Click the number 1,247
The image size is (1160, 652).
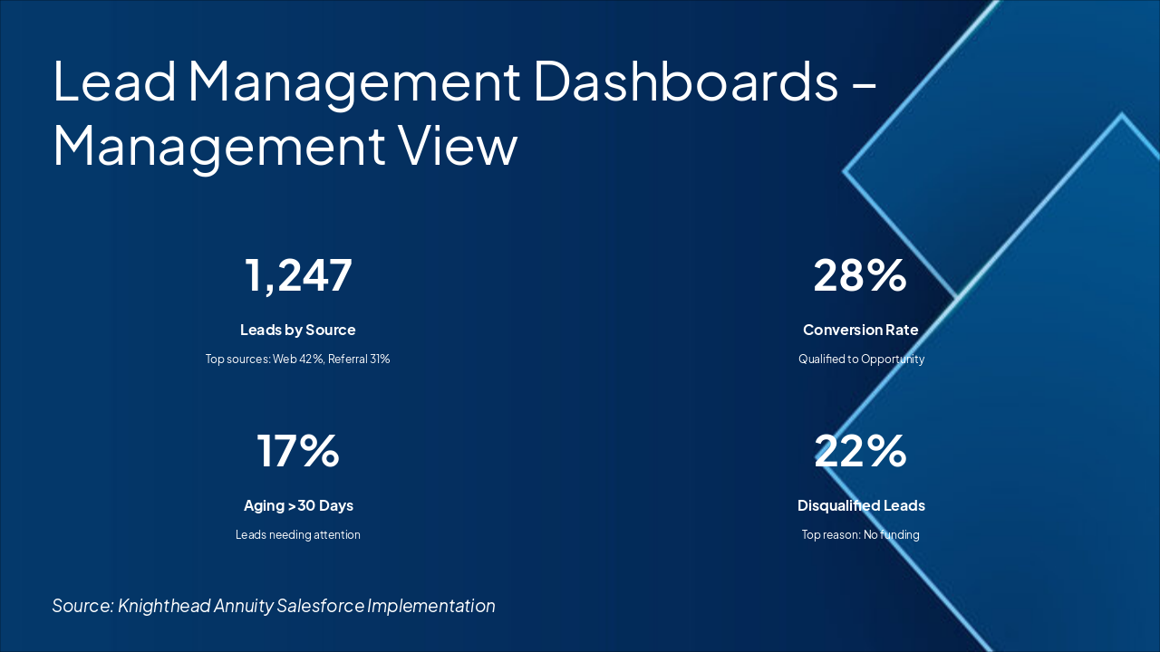298,275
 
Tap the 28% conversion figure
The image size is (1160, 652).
860,275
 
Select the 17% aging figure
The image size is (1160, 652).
298,451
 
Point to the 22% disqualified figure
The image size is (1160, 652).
860,451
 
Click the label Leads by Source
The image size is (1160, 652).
298,330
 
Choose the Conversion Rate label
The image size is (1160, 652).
860,330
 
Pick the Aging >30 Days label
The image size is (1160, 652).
298,505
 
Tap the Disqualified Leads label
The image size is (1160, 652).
861,505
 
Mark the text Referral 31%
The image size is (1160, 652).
359,359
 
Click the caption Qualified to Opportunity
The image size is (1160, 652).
861,359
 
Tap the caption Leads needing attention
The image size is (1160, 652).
298,534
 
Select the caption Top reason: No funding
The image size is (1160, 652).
860,534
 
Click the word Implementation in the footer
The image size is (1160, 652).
431,606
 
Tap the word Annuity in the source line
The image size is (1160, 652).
244,606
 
